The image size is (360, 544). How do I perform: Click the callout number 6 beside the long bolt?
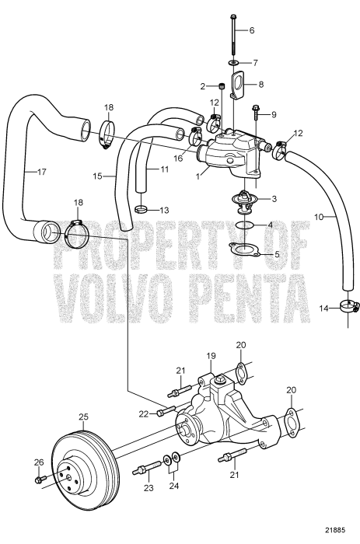point(252,30)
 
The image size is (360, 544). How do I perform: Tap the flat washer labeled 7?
point(233,62)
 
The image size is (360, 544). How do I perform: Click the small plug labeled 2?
point(221,86)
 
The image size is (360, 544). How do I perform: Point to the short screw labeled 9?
point(256,112)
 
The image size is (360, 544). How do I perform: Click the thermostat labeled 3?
point(244,202)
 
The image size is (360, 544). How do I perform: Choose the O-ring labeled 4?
point(244,225)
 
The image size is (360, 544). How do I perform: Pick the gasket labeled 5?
point(244,250)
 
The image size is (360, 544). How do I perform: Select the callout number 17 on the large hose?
point(42,172)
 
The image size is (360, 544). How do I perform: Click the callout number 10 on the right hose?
point(319,217)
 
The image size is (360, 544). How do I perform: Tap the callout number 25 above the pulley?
point(84,417)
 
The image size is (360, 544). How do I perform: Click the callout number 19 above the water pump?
point(211,356)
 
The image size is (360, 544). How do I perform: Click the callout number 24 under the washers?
point(174,486)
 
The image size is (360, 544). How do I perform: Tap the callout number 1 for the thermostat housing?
point(198,176)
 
